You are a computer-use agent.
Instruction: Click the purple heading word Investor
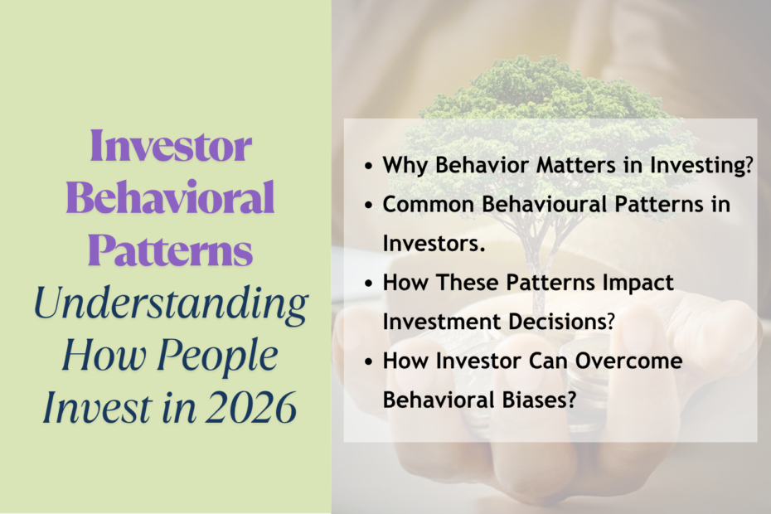click(x=170, y=148)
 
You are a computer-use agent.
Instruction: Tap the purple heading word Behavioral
click(x=170, y=199)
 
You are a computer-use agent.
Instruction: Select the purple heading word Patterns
click(x=170, y=250)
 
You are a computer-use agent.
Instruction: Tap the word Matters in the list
click(x=559, y=164)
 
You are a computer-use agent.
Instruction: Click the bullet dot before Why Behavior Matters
click(x=368, y=165)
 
